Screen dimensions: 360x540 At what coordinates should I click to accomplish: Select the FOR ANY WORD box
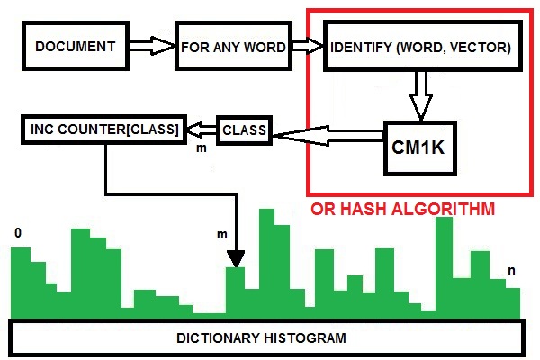233,46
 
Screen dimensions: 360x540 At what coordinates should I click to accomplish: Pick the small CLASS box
244,130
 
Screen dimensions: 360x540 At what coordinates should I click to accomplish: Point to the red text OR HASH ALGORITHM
401,210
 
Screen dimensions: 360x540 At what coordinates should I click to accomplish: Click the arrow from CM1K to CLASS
328,135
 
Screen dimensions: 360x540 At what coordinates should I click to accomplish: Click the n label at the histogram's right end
511,271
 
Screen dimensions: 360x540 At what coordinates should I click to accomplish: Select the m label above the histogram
221,235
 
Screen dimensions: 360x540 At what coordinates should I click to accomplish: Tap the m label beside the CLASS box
202,148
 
